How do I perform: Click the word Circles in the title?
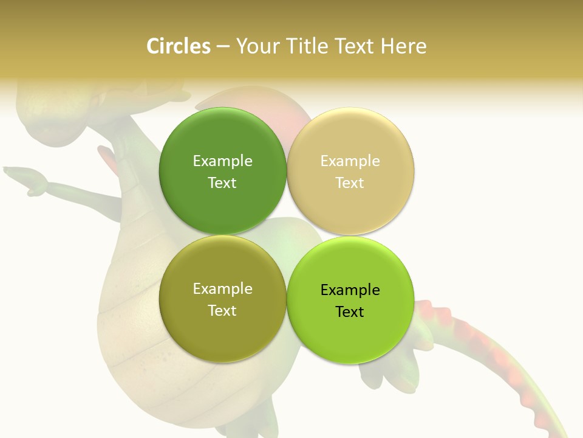click(x=178, y=46)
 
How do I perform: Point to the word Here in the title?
click(x=404, y=46)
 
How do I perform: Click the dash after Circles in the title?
click(x=223, y=47)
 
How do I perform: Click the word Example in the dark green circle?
click(x=222, y=161)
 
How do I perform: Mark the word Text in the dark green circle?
click(x=222, y=182)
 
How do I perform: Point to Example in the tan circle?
click(x=350, y=161)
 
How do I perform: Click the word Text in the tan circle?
click(x=350, y=182)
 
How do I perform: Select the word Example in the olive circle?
click(x=222, y=289)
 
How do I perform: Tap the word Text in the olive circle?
click(x=222, y=310)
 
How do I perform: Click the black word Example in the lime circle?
click(x=350, y=290)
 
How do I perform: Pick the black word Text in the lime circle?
click(x=350, y=311)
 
